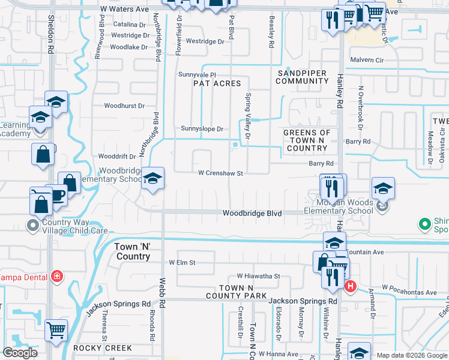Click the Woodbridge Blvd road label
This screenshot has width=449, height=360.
(x=252, y=213)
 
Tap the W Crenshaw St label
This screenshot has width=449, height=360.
(x=220, y=173)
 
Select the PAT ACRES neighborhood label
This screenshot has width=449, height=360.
(x=217, y=84)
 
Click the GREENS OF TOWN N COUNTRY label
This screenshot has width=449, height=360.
(x=307, y=140)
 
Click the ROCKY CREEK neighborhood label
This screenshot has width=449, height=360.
(x=98, y=348)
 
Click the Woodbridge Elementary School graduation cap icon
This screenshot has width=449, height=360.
(x=153, y=178)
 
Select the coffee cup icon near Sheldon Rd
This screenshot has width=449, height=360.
(x=57, y=195)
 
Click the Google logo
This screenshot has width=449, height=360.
(x=20, y=353)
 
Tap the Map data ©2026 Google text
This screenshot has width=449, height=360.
(x=412, y=355)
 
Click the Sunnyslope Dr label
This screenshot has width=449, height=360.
(x=202, y=129)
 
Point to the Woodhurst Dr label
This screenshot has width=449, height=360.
(x=124, y=106)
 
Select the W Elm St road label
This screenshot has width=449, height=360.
(x=183, y=263)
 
